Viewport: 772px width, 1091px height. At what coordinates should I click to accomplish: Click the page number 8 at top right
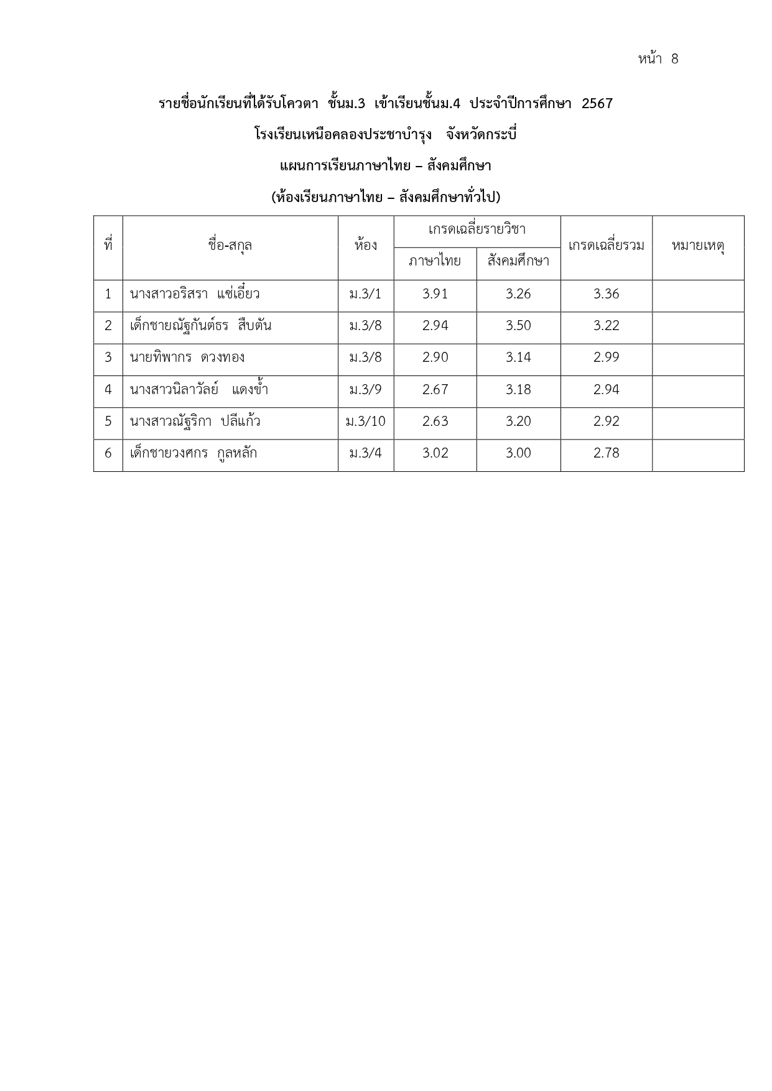pos(674,59)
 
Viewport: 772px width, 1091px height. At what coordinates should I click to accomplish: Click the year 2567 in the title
pos(597,103)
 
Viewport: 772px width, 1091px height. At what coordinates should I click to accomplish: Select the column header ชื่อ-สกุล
pos(230,246)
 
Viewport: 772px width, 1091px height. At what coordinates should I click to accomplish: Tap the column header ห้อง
pos(366,246)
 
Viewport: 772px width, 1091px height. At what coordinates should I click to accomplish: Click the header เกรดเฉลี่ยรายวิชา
pos(477,229)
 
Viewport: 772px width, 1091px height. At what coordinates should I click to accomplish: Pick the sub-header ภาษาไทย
pos(435,261)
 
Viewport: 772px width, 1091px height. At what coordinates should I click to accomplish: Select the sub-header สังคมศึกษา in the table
pos(518,261)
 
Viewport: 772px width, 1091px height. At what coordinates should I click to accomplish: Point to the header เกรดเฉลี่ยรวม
pos(606,246)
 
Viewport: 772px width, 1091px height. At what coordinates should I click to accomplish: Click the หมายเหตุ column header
pos(697,246)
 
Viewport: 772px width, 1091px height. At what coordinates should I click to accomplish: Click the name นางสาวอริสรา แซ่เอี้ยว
pos(195,294)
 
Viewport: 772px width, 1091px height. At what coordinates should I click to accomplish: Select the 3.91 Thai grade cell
pos(435,294)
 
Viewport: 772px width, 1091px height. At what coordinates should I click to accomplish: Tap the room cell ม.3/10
pos(366,421)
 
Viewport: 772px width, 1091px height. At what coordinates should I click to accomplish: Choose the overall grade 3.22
pos(606,326)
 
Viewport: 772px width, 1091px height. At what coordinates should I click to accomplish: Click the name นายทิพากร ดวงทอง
pos(187,357)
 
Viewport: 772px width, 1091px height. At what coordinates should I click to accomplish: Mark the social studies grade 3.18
pos(518,390)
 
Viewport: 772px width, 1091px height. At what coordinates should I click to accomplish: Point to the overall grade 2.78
pos(606,453)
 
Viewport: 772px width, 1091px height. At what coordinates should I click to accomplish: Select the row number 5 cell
pos(108,421)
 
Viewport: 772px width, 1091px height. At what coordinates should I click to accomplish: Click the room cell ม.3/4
pos(366,453)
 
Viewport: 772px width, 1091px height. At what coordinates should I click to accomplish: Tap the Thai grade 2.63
pos(435,421)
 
